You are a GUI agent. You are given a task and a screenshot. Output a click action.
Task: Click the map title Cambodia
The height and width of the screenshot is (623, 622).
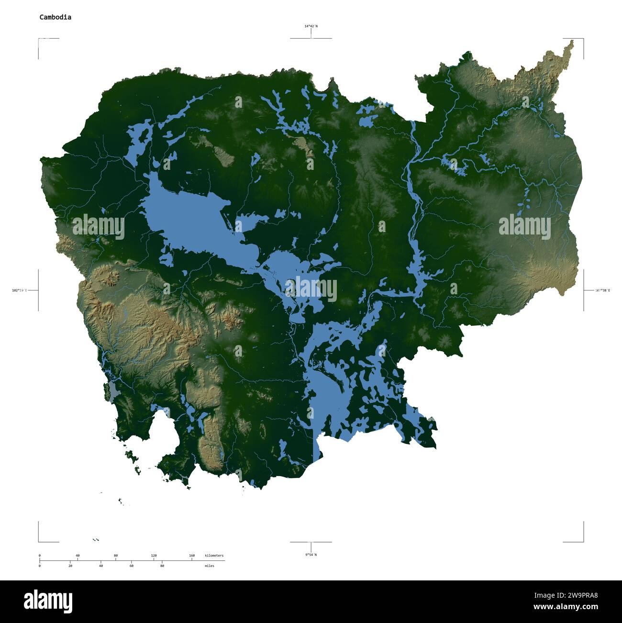[56, 17]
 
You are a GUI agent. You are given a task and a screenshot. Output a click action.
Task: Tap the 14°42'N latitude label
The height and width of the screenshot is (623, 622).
[311, 26]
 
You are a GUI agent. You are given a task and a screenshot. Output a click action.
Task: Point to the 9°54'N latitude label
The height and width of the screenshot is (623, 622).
[311, 555]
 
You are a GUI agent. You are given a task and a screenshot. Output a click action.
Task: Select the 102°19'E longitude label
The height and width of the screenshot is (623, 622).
[20, 290]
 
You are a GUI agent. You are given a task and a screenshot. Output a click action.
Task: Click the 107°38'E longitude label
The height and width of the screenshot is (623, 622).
[602, 290]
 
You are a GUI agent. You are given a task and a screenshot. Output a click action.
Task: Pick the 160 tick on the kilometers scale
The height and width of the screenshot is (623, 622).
[192, 556]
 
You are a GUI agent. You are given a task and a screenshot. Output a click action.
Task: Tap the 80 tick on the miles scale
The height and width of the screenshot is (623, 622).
[162, 566]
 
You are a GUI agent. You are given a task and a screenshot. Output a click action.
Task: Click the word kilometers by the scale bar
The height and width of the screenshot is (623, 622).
[214, 556]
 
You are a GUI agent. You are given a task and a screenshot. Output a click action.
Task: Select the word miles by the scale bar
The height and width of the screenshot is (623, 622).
[209, 566]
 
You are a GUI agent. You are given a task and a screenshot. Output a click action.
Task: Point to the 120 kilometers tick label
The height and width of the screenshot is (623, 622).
[154, 556]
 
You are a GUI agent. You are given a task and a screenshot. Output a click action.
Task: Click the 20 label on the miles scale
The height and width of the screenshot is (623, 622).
[70, 566]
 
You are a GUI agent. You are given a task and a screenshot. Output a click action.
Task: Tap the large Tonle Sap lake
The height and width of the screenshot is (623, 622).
[187, 215]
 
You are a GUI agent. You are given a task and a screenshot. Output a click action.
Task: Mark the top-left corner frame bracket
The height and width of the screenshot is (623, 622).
[39, 39]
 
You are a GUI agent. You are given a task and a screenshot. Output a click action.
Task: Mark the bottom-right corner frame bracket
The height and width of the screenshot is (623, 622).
[582, 541]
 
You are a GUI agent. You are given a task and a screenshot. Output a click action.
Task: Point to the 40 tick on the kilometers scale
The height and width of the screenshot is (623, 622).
[78, 556]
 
